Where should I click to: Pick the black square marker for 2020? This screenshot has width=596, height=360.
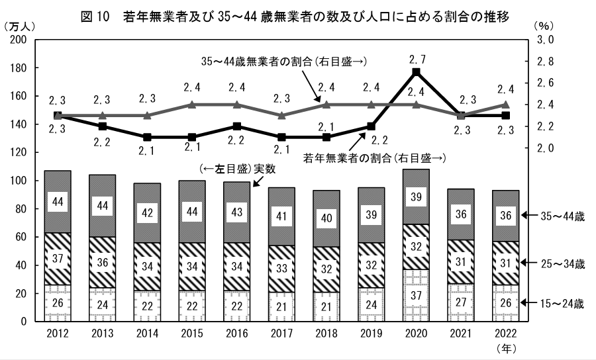[x=416, y=72]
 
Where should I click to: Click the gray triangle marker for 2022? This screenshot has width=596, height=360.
[x=505, y=105]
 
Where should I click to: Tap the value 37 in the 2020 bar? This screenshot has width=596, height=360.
[x=416, y=303]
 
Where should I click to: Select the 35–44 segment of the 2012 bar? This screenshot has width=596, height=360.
[x=58, y=201]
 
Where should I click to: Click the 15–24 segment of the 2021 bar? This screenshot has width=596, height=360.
[x=461, y=302]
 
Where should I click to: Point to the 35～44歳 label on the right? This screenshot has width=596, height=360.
[x=562, y=215]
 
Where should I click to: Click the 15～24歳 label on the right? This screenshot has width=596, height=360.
[x=562, y=304]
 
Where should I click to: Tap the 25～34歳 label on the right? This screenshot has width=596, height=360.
[x=562, y=264]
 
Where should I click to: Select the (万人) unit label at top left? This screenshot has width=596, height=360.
[x=21, y=26]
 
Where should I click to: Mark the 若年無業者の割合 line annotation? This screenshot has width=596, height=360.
[x=373, y=158]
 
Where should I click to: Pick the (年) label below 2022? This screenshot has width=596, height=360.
[x=505, y=347]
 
